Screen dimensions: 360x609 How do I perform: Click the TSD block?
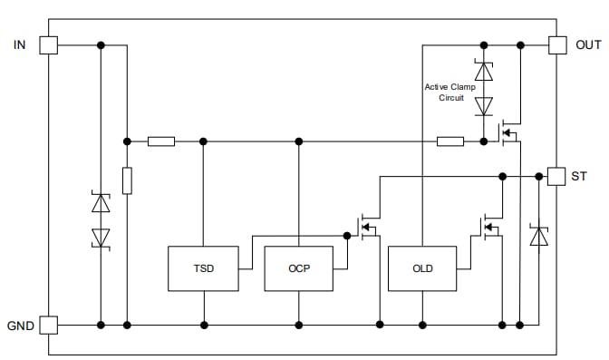click(203, 268)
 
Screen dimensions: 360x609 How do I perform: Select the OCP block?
click(298, 268)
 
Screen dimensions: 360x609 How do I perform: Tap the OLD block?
click(421, 268)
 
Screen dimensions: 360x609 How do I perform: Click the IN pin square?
click(48, 44)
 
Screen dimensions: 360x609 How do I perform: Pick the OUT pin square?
click(557, 44)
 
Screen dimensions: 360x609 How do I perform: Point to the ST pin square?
click(556, 176)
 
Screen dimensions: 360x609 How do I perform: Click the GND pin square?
click(48, 324)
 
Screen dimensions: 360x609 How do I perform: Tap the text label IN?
click(20, 44)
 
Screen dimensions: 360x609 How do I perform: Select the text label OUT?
click(588, 44)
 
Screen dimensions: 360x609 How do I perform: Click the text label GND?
click(19, 325)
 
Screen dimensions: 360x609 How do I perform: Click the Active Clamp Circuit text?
click(449, 92)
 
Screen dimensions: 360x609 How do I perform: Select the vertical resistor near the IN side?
click(127, 180)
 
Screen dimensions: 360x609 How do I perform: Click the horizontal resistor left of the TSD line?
click(161, 141)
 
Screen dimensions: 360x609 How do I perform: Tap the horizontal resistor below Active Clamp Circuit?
click(450, 141)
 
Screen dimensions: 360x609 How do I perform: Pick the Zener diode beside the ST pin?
click(539, 238)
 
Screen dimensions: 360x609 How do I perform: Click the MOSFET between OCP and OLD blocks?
click(368, 227)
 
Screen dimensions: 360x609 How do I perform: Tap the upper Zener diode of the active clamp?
click(484, 71)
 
